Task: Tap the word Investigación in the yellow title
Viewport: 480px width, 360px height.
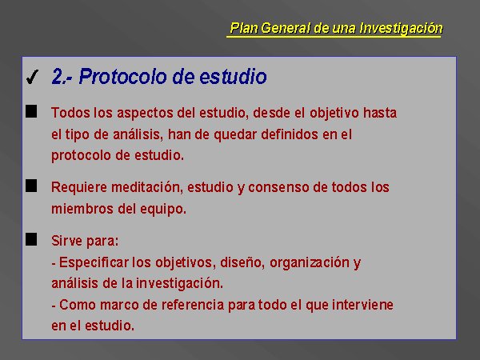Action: [x=402, y=29]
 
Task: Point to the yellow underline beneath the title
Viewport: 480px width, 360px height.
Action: [x=334, y=37]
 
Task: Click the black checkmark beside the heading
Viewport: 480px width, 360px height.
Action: [x=33, y=77]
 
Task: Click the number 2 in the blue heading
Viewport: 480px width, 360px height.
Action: [x=58, y=76]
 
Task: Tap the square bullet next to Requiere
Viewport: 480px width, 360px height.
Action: [x=31, y=186]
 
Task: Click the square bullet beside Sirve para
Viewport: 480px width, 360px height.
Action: [x=31, y=239]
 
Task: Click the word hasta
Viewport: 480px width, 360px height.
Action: [x=380, y=113]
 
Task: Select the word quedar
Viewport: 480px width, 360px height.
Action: [x=234, y=134]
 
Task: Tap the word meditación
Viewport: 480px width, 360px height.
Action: [x=147, y=187]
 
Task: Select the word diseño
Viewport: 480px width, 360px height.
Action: [x=242, y=262]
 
